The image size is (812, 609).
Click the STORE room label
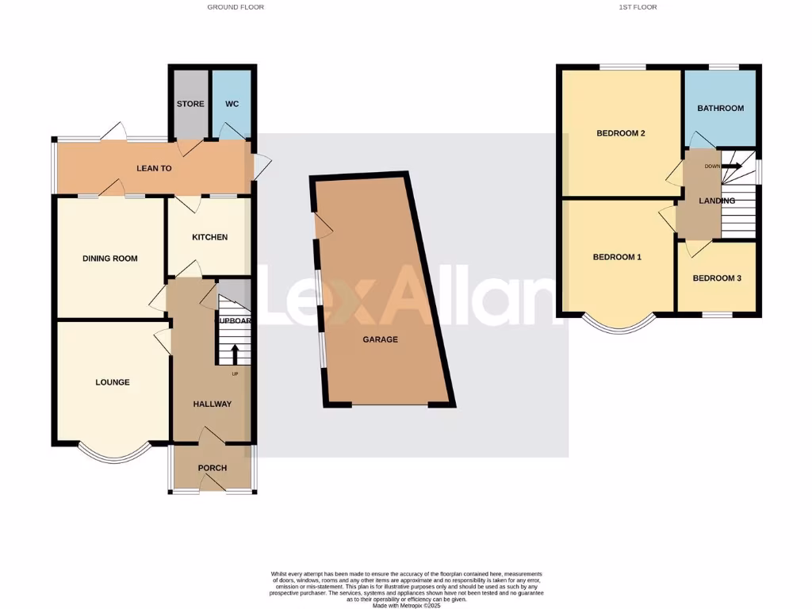(190, 104)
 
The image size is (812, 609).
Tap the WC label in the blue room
(232, 104)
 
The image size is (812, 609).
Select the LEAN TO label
(154, 168)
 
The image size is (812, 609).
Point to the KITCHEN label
(209, 237)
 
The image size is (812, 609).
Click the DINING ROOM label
(110, 259)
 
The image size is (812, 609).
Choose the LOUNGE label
(113, 382)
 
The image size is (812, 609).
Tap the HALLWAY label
(213, 404)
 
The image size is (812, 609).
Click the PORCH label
(213, 468)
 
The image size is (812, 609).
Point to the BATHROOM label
(720, 108)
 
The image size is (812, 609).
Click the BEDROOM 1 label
(618, 257)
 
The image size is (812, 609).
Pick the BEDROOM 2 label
(621, 133)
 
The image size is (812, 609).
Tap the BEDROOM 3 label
(717, 278)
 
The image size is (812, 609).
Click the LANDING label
(717, 201)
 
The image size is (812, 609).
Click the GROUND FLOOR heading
(236, 7)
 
